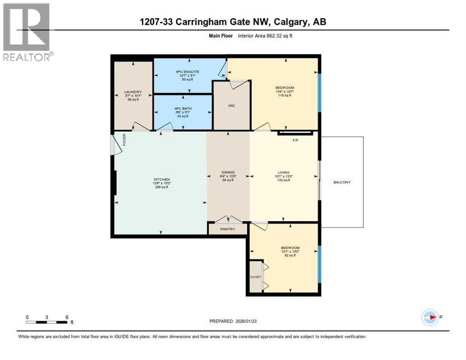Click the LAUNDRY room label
tap(133, 92)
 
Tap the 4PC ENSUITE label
tap(184, 72)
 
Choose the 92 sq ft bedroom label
tap(290, 248)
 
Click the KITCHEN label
tap(161, 180)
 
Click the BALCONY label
tap(342, 182)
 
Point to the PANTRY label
tap(228, 229)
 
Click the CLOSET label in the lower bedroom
tap(256, 277)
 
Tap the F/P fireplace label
tap(295, 140)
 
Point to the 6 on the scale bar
tap(67, 317)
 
